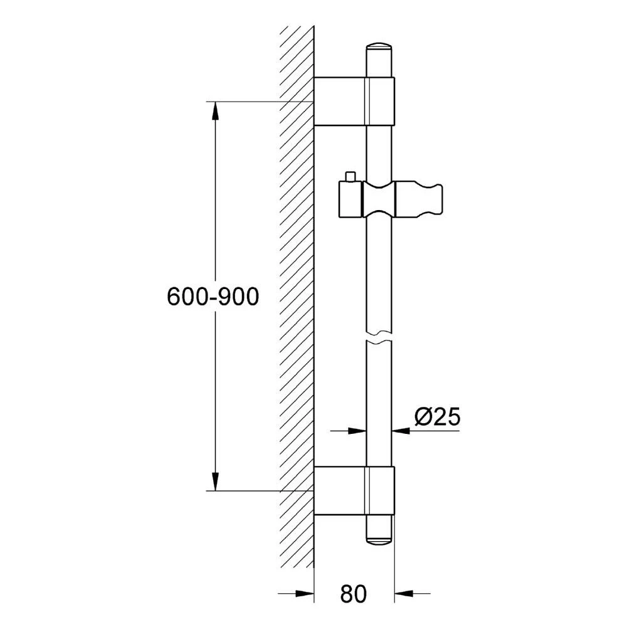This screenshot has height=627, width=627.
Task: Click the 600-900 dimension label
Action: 213,297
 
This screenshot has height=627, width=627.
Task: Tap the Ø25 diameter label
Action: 438,417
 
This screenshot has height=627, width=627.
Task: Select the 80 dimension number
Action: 354,594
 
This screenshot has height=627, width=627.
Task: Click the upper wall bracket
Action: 354,101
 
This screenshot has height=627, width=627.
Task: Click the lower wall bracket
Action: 354,490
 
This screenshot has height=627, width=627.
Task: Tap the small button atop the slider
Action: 350,176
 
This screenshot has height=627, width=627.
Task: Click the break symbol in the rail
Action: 379,338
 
